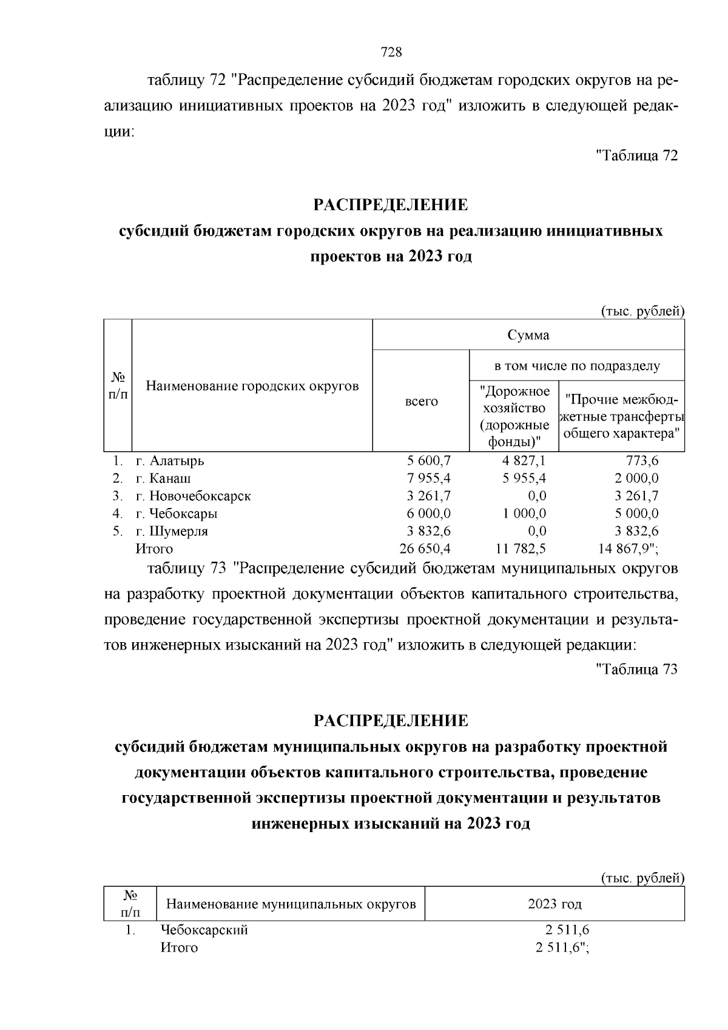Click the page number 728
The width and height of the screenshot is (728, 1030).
pos(391,52)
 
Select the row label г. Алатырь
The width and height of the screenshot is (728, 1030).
pos(170,461)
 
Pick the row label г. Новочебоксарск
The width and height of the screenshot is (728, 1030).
pos(193,496)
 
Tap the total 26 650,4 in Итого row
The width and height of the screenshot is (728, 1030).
pos(425,549)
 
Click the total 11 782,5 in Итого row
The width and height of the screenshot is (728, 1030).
pos(521,549)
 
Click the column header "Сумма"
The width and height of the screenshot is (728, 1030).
pos(528,335)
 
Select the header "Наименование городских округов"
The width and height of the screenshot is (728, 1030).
pos(252,386)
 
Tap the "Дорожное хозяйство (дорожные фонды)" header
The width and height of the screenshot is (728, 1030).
pos(514,416)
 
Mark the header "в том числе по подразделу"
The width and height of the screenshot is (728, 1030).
pos(576,366)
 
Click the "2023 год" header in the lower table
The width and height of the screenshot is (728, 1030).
pos(554,904)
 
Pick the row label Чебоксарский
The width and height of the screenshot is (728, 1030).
pos(204,930)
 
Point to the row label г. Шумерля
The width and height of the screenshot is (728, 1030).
pos(172,531)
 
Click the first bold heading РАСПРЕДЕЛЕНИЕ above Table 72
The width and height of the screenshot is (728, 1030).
pos(391,205)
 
